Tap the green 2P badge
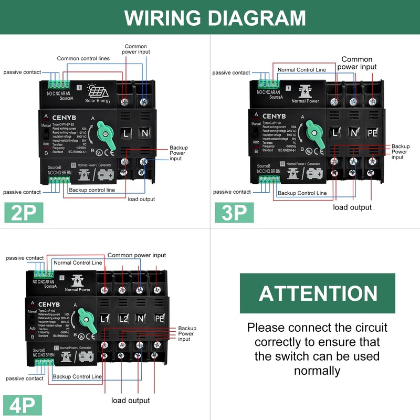coord(24,213)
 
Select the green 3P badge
coord(234,213)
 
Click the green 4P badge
coord(24,405)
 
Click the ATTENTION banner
coord(318,293)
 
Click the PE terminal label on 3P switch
coord(372,133)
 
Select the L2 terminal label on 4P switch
coord(122,319)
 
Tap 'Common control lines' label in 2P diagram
coord(83,58)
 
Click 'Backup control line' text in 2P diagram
coord(92,190)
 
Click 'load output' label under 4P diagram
coord(130,401)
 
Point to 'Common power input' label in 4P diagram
coord(136,255)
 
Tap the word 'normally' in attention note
coord(317,371)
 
